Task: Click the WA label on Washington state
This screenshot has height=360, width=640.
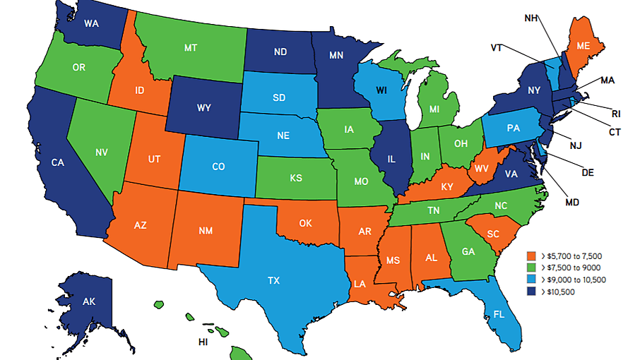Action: coord(90,23)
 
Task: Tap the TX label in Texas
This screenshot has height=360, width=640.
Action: coord(273,280)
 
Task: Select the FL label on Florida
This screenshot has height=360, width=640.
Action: coord(499,315)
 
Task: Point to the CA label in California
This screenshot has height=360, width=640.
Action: coord(59,162)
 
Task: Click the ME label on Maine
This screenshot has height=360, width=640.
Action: coord(582,44)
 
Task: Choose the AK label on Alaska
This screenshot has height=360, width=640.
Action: coord(88,302)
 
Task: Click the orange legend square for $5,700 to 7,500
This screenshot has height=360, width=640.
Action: coord(532,256)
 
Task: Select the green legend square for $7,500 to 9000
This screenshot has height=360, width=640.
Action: coord(532,268)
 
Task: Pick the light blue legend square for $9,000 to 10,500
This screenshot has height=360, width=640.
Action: coord(532,280)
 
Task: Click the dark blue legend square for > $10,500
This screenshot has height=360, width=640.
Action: coord(532,292)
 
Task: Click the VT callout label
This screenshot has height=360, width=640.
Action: coord(497,47)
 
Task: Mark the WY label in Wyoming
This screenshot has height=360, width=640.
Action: coord(203,108)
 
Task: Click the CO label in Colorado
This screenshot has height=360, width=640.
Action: coord(218,167)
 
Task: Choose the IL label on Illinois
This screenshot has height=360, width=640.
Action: coord(391,160)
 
